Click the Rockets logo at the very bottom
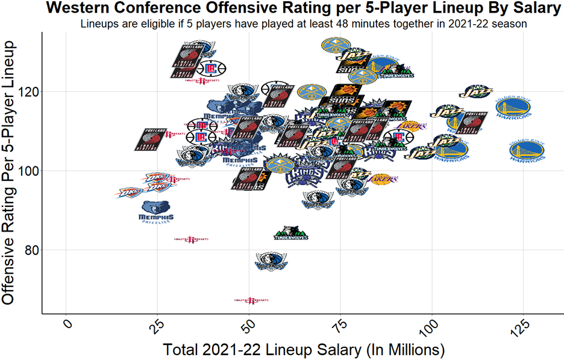pos(251,300)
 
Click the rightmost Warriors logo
pos(527,151)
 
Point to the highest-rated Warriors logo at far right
pos(513,107)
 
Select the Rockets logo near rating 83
pos(191,239)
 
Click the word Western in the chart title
pos(85,8)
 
